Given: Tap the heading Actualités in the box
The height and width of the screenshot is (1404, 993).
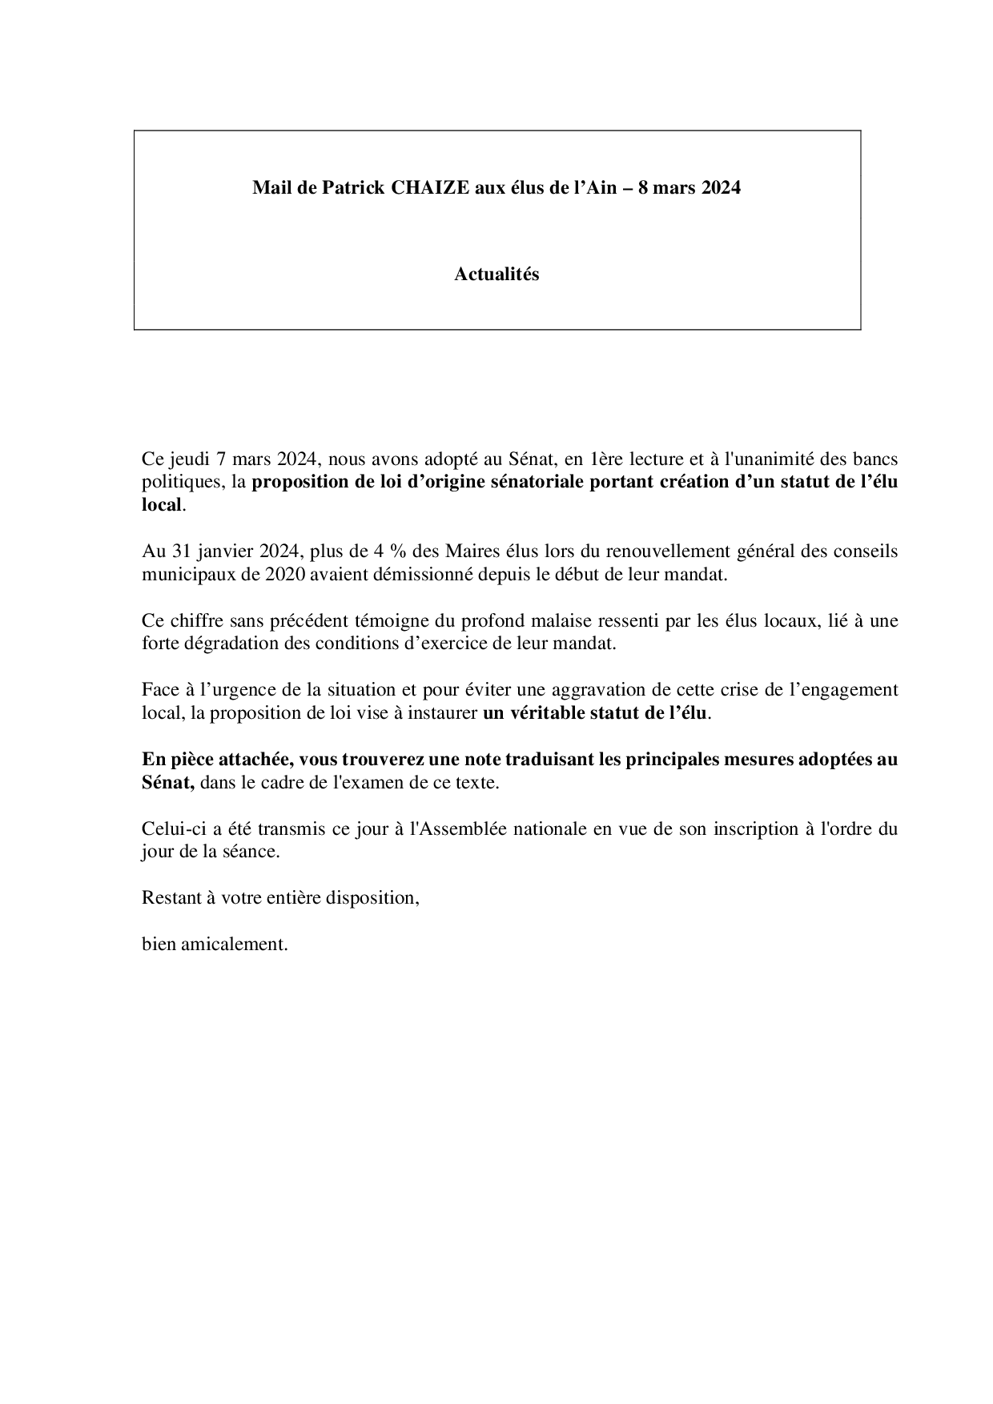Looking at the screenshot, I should (x=496, y=275).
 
